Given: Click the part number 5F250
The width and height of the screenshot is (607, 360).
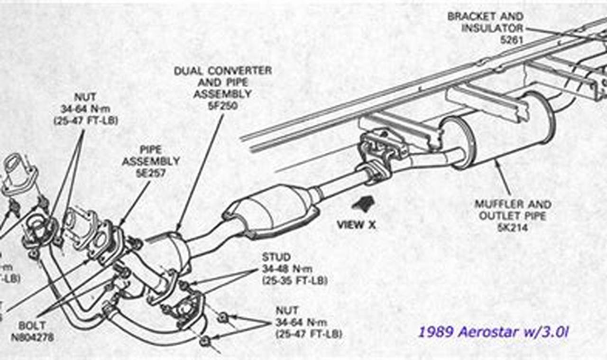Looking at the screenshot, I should pos(222,106).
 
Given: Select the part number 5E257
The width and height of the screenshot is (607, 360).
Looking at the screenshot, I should pos(151,174).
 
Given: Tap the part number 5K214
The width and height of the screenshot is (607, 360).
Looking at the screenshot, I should pos(513,229).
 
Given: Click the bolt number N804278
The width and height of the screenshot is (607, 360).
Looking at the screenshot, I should pos(32,337).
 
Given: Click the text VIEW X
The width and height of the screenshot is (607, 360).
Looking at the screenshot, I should pos(356,225).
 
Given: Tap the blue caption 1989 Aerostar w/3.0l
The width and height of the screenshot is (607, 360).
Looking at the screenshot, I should pos(493,332).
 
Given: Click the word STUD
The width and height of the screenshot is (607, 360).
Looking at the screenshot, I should pos(276,258).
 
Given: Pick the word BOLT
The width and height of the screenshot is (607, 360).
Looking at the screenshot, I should pos(32,326).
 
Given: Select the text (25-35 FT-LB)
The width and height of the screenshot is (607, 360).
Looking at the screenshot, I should pos(294,280).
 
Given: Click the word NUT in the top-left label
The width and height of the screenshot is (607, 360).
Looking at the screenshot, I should pos(85,97).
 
